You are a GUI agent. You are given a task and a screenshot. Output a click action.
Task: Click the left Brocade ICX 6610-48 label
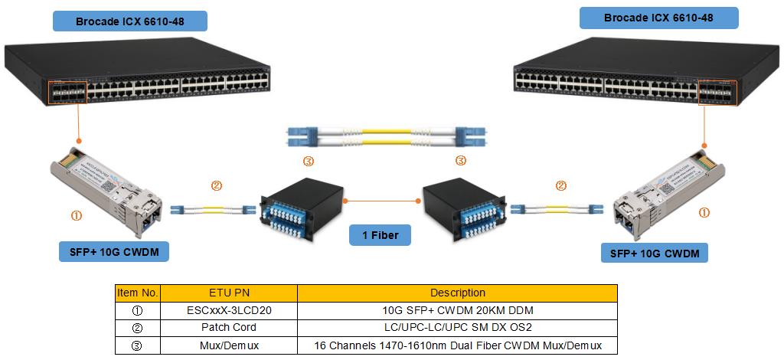tap(130, 21)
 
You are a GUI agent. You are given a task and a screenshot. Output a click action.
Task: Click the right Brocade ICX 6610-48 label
tap(658, 18)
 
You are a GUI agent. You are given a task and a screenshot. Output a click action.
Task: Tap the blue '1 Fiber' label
tap(380, 235)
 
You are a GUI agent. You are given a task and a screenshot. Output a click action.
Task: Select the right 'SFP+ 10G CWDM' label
tap(655, 253)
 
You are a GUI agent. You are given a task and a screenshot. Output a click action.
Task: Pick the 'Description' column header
tap(458, 293)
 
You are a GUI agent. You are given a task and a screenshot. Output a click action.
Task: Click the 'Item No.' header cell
tap(138, 293)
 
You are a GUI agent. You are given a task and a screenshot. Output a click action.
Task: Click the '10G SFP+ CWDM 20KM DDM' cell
tap(458, 310)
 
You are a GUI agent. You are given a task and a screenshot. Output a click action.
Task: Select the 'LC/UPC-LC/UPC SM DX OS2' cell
tap(458, 328)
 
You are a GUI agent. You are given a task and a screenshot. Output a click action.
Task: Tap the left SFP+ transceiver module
tap(106, 191)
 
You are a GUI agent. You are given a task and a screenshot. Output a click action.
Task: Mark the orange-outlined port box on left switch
tap(67, 91)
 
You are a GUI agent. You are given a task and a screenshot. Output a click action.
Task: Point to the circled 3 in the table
tap(138, 345)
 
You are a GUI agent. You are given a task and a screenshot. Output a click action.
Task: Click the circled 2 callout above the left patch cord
tap(216, 186)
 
